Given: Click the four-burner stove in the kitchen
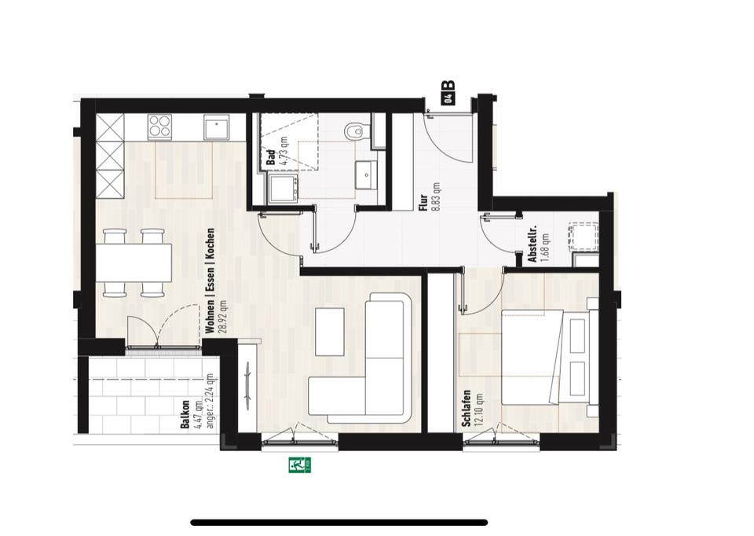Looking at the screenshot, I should pos(161,127).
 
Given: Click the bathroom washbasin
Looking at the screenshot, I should pos(366,174).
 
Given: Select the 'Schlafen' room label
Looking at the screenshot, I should pos(467,409).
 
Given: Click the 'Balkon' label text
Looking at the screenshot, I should pos(185,414).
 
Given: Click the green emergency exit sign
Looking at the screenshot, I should pos(300,465).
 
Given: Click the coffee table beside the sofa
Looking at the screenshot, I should pos(330,330).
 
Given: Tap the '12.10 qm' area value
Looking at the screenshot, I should pos(478,409).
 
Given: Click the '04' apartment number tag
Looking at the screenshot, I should pos(448,98).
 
